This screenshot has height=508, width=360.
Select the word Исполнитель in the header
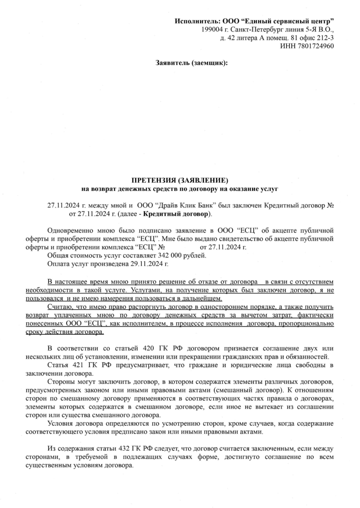[195, 21]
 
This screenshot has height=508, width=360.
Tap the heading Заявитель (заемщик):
[192, 63]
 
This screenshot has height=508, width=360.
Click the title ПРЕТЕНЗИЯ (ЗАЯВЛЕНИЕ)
[180, 180]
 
